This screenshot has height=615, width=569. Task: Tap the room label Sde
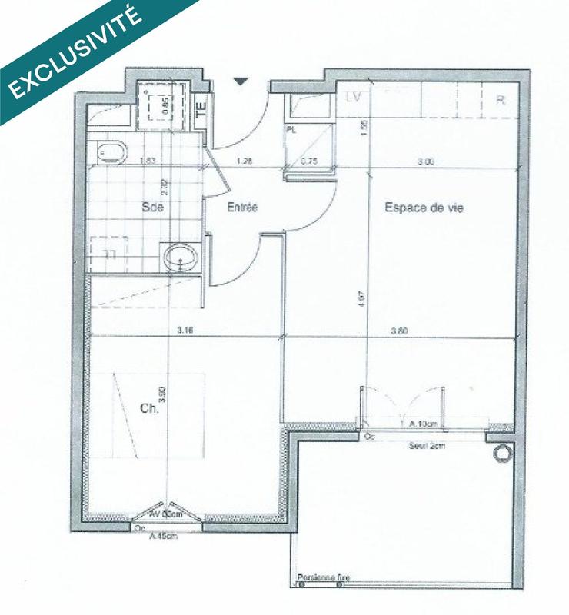[x=151, y=207]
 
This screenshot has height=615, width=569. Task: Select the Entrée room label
[x=241, y=207]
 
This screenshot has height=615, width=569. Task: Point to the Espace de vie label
[x=424, y=207]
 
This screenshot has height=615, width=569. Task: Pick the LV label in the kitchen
[x=354, y=98]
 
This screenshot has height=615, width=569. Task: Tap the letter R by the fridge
[x=500, y=99]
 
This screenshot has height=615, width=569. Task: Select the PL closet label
[x=291, y=131]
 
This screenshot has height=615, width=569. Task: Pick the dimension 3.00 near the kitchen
[x=427, y=161]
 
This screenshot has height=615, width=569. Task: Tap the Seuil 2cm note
[x=426, y=446]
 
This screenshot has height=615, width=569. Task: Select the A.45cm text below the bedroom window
[x=162, y=537]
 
